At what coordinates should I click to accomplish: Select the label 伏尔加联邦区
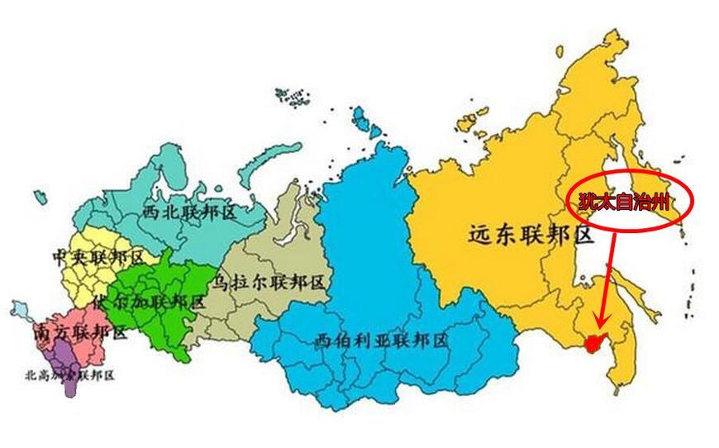click(149, 301)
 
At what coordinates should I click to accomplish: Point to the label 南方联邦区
click(80, 333)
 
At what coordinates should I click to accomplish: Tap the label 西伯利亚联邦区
click(381, 340)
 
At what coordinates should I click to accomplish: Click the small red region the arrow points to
click(590, 341)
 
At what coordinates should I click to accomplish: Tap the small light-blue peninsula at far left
click(19, 310)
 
